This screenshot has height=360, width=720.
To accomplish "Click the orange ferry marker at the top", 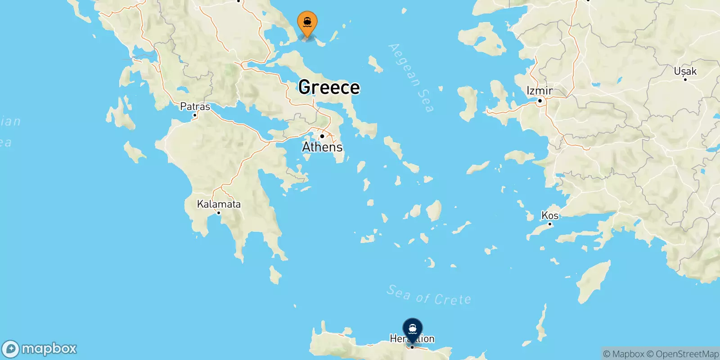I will (307, 22).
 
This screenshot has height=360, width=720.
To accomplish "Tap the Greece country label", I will (329, 87).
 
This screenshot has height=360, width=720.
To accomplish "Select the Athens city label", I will (322, 147).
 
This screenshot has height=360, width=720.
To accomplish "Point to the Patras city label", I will (195, 107).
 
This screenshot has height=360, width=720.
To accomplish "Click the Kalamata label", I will (219, 204).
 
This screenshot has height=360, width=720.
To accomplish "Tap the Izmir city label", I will (540, 91).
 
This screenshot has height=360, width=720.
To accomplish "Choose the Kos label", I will (550, 216).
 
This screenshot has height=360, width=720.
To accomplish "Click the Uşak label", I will (685, 71).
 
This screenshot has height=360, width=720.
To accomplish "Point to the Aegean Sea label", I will (411, 77).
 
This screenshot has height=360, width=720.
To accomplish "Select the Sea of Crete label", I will (428, 296).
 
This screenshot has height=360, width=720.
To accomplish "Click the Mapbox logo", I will (40, 349).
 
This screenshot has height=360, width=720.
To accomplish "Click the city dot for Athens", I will (322, 136).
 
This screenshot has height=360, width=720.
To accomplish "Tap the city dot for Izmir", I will (540, 100).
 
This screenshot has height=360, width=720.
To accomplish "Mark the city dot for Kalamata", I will (219, 213).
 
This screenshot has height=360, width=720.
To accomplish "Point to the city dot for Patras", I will (195, 115).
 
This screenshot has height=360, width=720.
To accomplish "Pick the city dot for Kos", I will (550, 224).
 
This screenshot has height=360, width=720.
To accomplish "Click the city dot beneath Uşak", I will (685, 79).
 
